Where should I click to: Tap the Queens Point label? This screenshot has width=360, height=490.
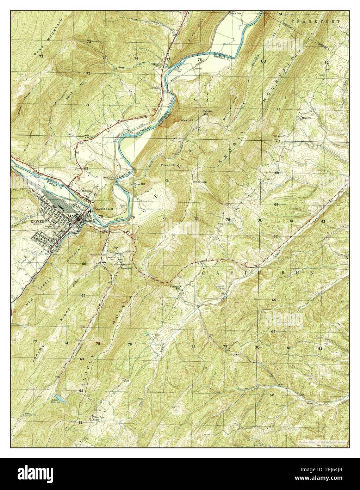(x=103, y=209)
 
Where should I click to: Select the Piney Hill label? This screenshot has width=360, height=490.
(x=167, y=165)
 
